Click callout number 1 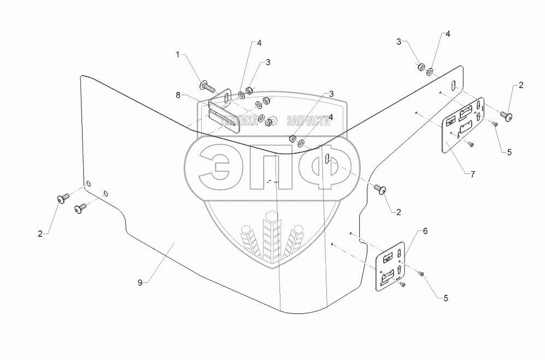pos(177,55)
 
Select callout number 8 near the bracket pos(178,95)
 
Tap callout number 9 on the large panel pos(140,282)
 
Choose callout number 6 pos(425,232)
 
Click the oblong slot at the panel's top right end pos(454,86)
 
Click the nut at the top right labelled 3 pos(420,68)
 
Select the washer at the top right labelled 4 pos(431,71)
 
